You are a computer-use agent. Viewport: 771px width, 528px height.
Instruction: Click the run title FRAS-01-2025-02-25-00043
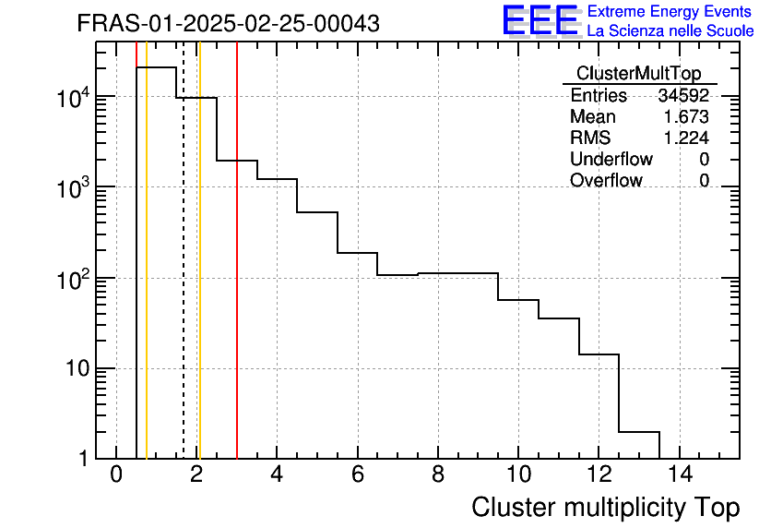[228, 24]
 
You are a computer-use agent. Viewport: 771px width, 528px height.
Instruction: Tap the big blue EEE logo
[540, 21]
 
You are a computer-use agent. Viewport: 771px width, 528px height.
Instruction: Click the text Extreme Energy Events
[670, 12]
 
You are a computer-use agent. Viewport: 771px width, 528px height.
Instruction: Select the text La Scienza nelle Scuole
[670, 31]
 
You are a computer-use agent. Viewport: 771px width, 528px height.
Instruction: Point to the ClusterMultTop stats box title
[638, 74]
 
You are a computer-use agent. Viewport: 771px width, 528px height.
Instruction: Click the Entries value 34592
[683, 96]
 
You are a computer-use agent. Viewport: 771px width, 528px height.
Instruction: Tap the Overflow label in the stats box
[606, 181]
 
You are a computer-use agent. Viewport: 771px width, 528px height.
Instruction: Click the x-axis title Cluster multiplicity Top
[605, 508]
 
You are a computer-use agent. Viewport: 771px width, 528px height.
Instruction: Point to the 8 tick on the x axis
[438, 475]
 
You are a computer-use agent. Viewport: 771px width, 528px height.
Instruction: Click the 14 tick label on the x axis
[679, 475]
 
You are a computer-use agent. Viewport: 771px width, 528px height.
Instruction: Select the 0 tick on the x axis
[116, 475]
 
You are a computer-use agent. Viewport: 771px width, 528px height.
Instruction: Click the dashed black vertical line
[184, 277]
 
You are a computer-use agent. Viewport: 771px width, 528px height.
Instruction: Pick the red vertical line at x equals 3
[237, 277]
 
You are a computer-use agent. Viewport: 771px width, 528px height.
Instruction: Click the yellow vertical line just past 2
[199, 277]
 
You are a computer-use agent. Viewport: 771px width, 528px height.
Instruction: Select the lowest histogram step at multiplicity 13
[639, 431]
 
